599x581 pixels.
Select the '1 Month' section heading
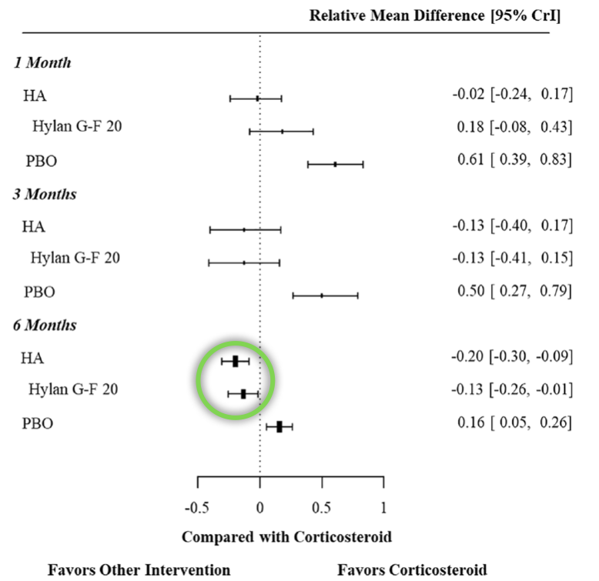pyautogui.click(x=42, y=62)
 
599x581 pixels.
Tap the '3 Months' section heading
pyautogui.click(x=45, y=194)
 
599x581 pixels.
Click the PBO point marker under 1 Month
pyautogui.click(x=335, y=164)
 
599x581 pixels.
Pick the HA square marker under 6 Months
pyautogui.click(x=236, y=361)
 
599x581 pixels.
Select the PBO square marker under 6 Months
pyautogui.click(x=279, y=426)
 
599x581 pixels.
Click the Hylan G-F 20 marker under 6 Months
pyautogui.click(x=243, y=394)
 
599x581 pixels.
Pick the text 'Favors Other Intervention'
pyautogui.click(x=139, y=570)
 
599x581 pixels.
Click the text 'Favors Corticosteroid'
pyautogui.click(x=412, y=570)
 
